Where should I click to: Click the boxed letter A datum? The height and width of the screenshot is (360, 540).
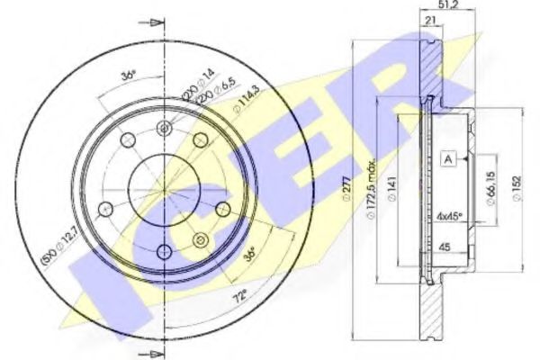447,159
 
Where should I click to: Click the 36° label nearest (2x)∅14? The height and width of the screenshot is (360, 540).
128,76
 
